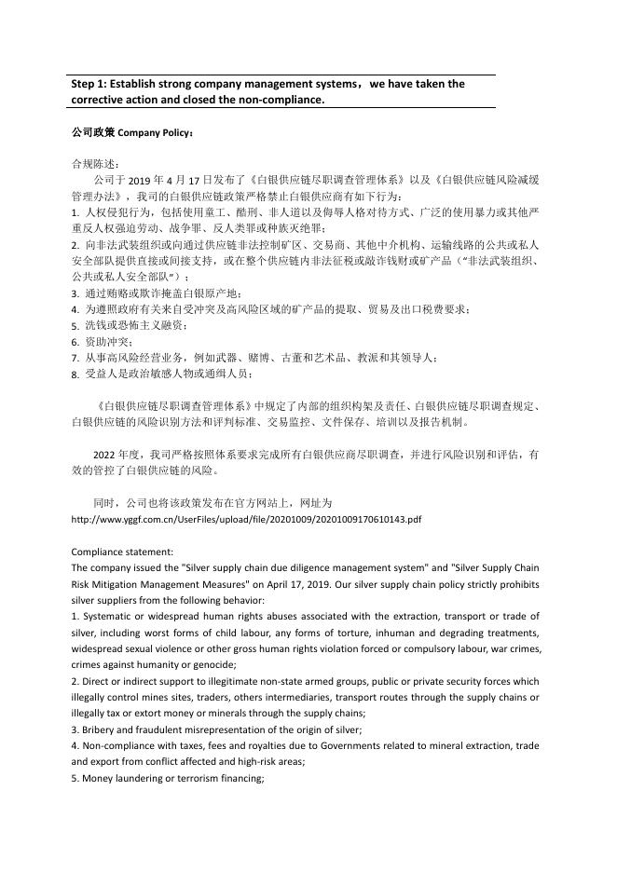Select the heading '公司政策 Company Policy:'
[x=133, y=132]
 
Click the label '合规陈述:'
[x=90, y=164]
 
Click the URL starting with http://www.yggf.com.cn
[x=246, y=519]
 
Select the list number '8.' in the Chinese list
[x=75, y=374]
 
